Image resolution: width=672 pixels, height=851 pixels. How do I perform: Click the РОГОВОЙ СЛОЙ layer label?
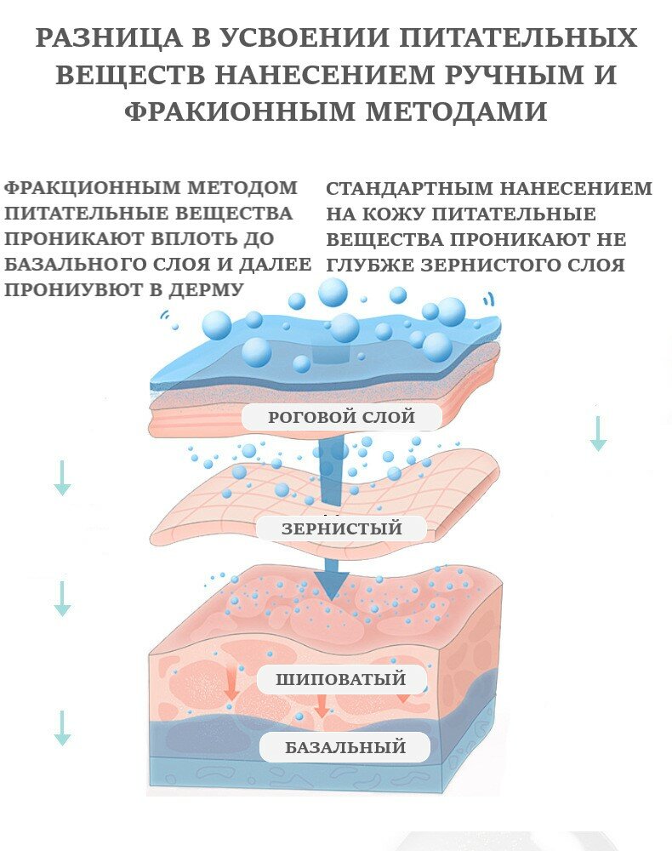(341, 417)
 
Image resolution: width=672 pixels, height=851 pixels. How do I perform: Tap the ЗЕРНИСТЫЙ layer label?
(341, 528)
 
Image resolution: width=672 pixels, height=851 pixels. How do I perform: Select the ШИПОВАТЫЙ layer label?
(340, 679)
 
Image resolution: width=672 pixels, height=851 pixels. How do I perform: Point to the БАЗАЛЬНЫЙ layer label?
(345, 748)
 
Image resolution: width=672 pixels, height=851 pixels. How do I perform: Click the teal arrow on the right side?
(598, 433)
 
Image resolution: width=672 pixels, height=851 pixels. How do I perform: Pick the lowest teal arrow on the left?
(62, 728)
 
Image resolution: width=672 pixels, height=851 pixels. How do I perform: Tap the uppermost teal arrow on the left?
(62, 477)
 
